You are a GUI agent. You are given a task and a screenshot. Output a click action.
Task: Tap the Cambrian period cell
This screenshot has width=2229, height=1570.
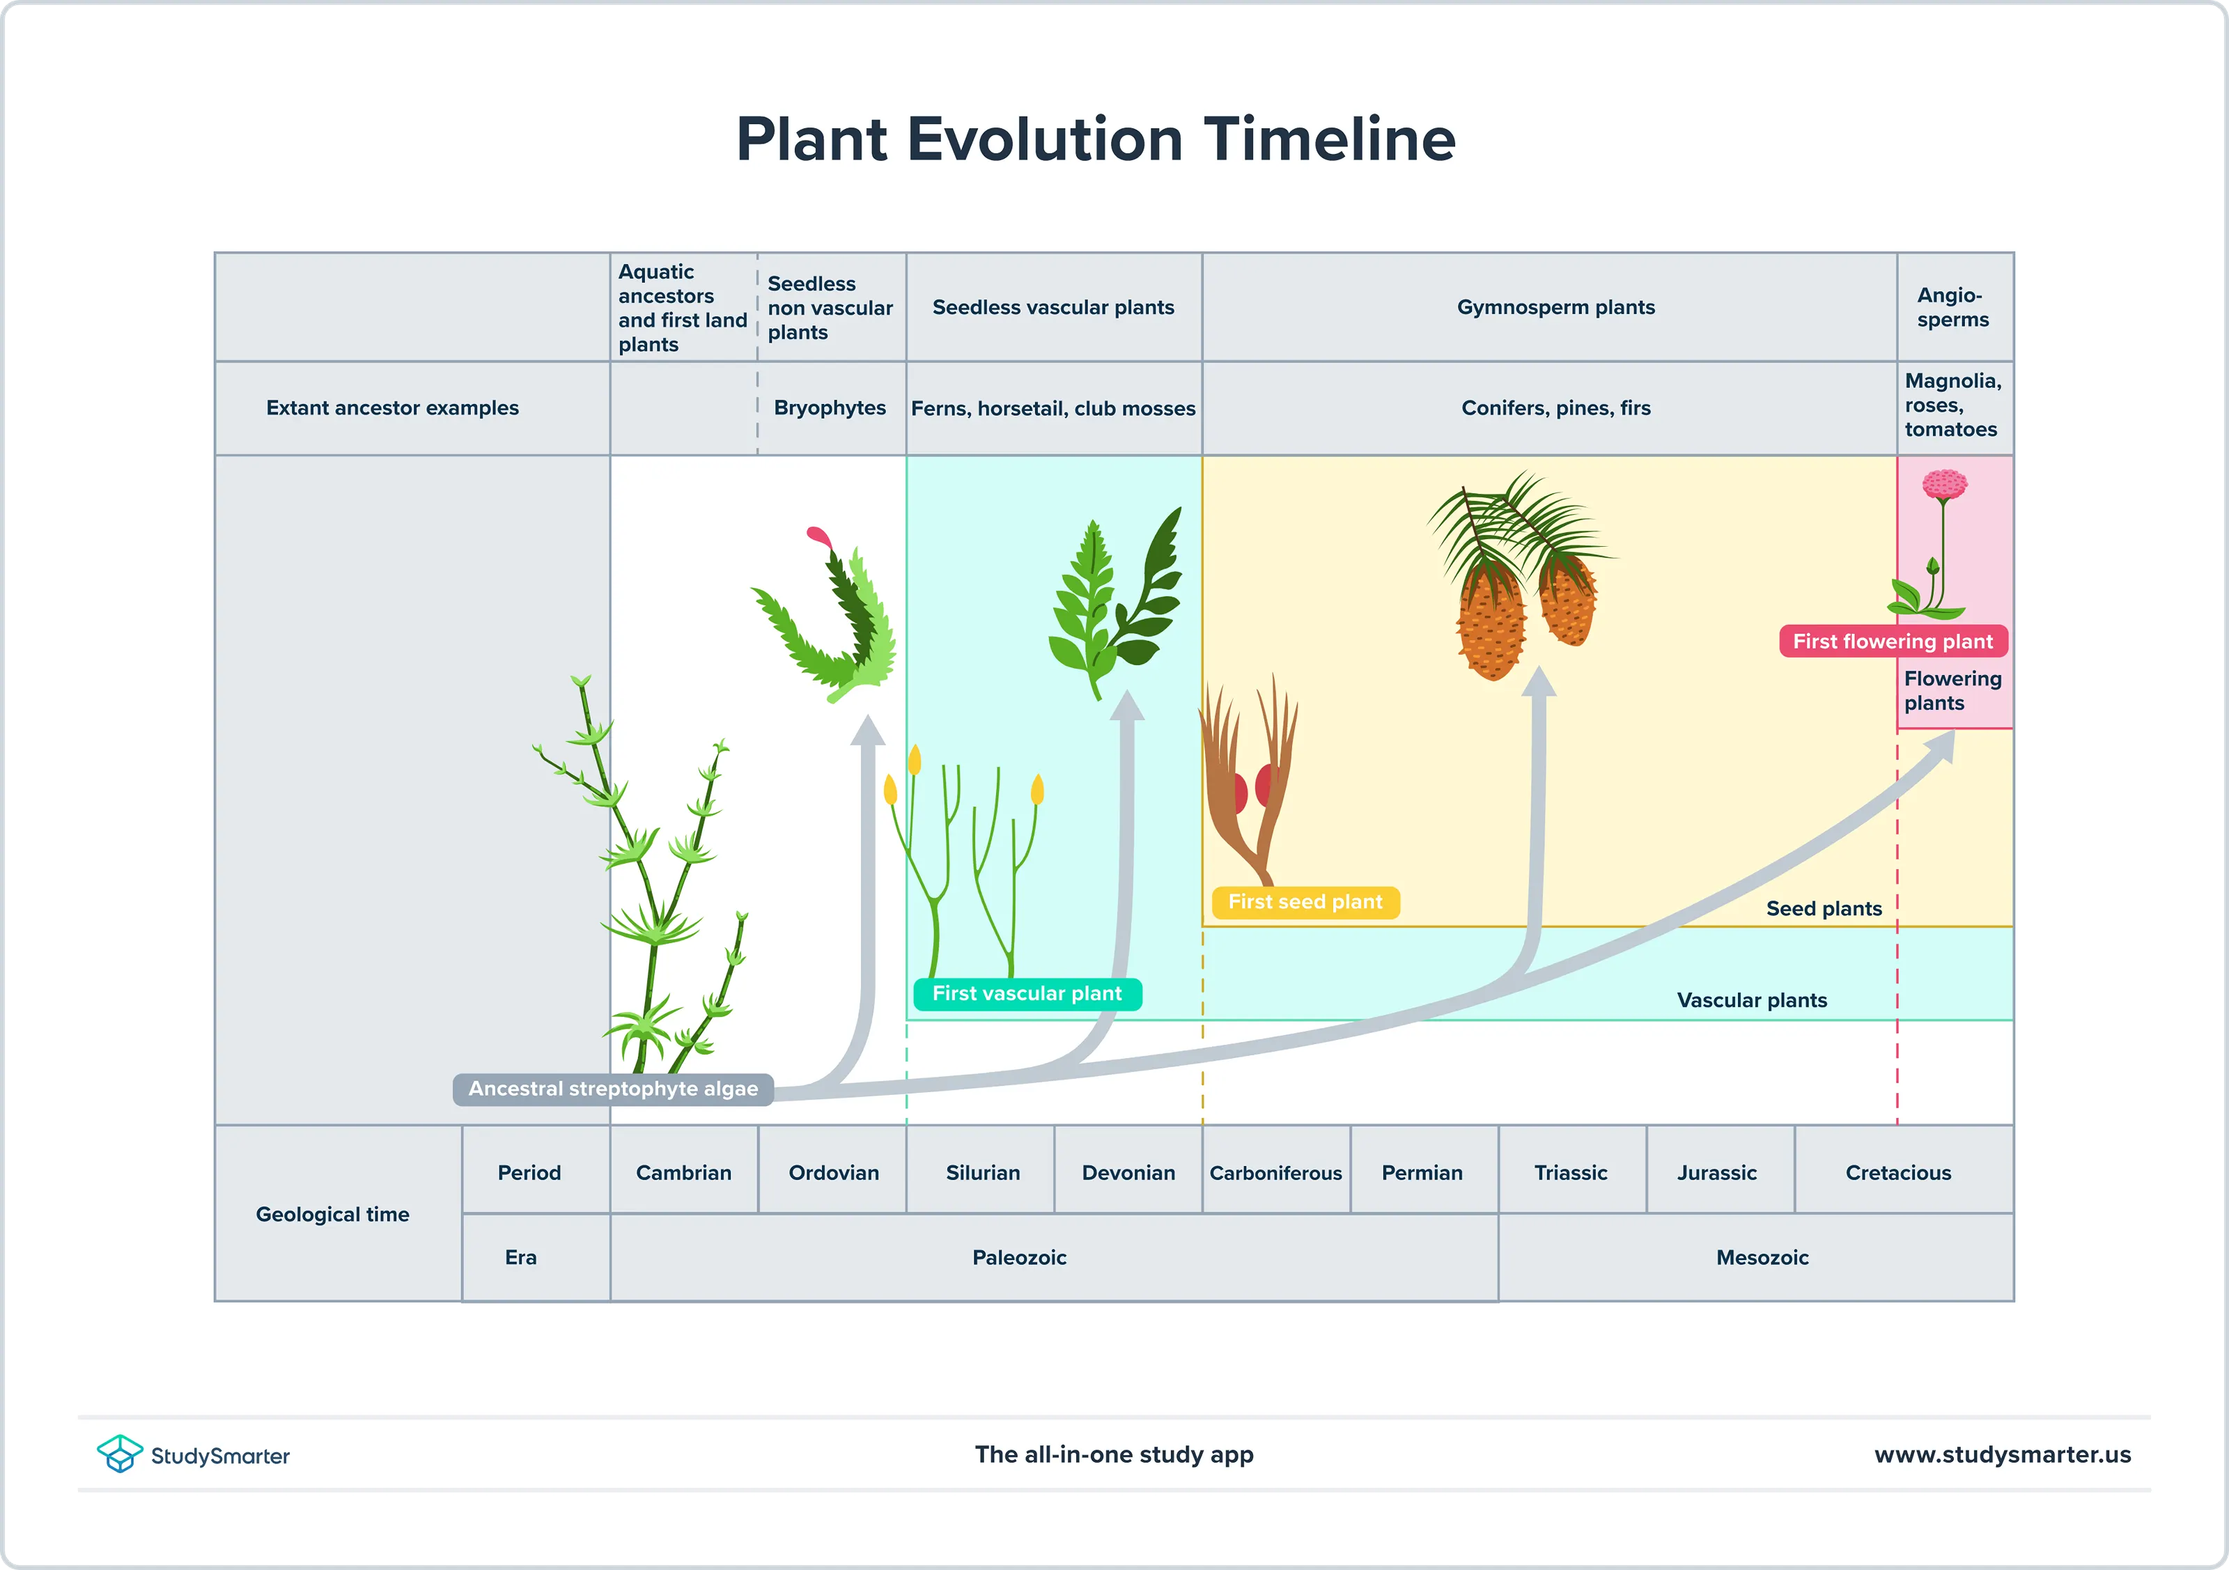683,1172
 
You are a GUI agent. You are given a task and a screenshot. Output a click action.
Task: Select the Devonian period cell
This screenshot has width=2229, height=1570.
1128,1172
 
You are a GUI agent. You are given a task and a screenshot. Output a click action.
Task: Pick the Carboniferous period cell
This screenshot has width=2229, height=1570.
1275,1172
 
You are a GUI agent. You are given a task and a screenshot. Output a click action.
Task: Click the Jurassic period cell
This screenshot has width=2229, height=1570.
1716,1172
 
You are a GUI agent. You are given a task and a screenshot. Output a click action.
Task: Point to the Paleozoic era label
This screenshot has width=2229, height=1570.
1019,1257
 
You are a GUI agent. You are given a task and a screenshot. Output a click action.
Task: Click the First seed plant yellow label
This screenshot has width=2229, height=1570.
1305,902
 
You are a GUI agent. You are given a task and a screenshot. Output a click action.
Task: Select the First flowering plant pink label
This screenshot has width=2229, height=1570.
1892,641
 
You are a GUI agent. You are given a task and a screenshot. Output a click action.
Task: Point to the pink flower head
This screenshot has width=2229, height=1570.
1945,483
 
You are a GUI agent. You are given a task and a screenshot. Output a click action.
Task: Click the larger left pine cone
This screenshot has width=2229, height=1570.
1491,621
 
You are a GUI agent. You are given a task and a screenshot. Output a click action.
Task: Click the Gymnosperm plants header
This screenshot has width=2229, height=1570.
1555,306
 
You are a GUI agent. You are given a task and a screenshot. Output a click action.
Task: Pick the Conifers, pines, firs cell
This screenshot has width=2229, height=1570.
1555,407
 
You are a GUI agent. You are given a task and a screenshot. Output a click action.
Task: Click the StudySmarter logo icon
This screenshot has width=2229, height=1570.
119,1454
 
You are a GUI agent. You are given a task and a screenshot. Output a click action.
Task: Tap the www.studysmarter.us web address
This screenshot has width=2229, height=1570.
2002,1454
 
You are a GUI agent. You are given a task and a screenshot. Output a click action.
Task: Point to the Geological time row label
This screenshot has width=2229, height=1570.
332,1213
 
